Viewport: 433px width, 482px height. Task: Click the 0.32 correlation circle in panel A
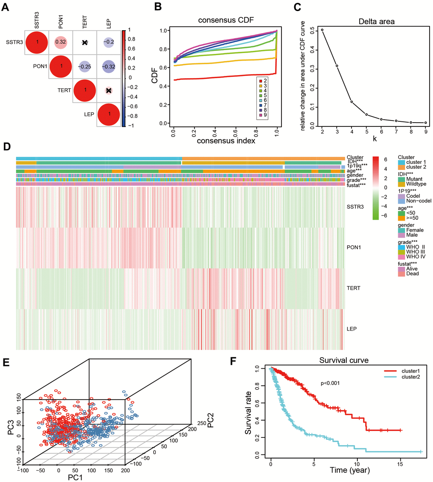click(61, 42)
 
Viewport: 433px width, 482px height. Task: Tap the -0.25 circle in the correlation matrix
click(85, 67)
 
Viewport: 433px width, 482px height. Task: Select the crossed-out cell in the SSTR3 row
click(85, 42)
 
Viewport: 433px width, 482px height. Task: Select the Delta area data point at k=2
click(322, 30)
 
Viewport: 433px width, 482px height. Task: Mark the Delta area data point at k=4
click(351, 101)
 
